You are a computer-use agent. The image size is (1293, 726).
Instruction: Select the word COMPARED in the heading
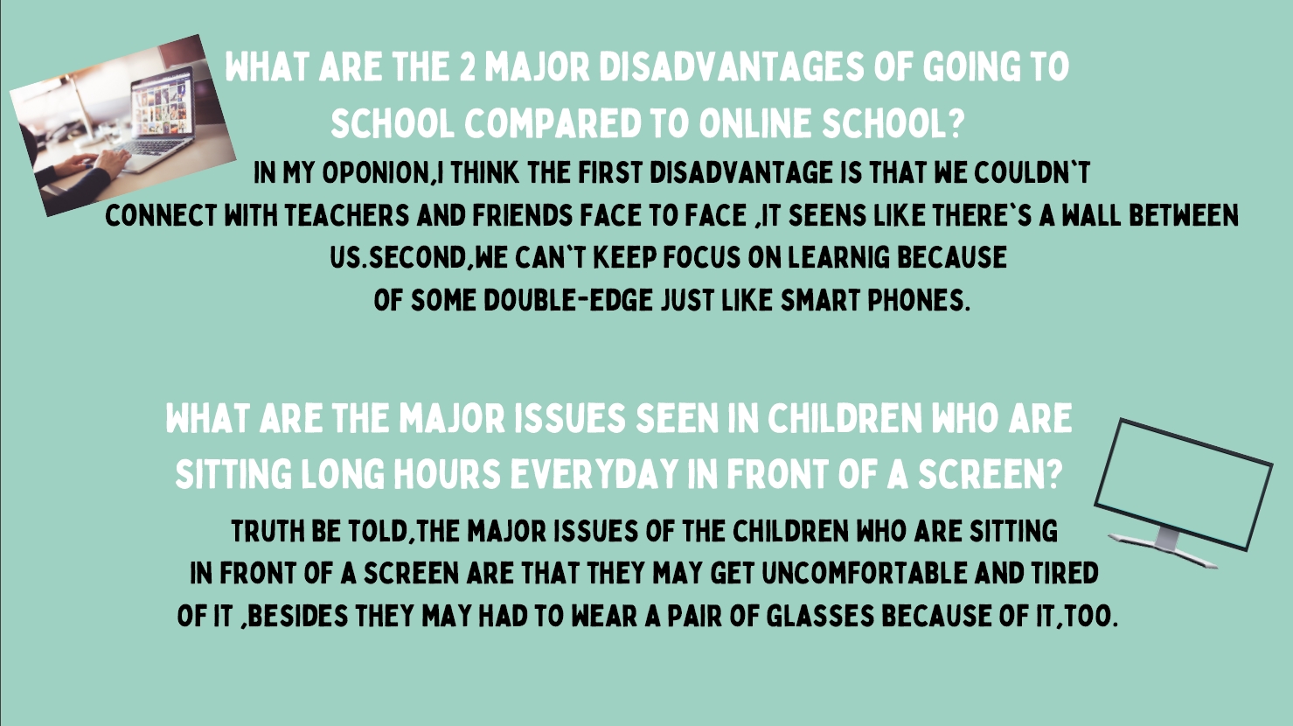(553, 123)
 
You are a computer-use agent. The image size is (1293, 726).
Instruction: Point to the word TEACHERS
(346, 215)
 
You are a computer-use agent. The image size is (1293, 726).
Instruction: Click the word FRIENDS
(523, 215)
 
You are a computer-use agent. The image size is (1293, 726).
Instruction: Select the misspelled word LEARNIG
(838, 257)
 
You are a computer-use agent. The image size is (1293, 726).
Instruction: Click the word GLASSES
(820, 617)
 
